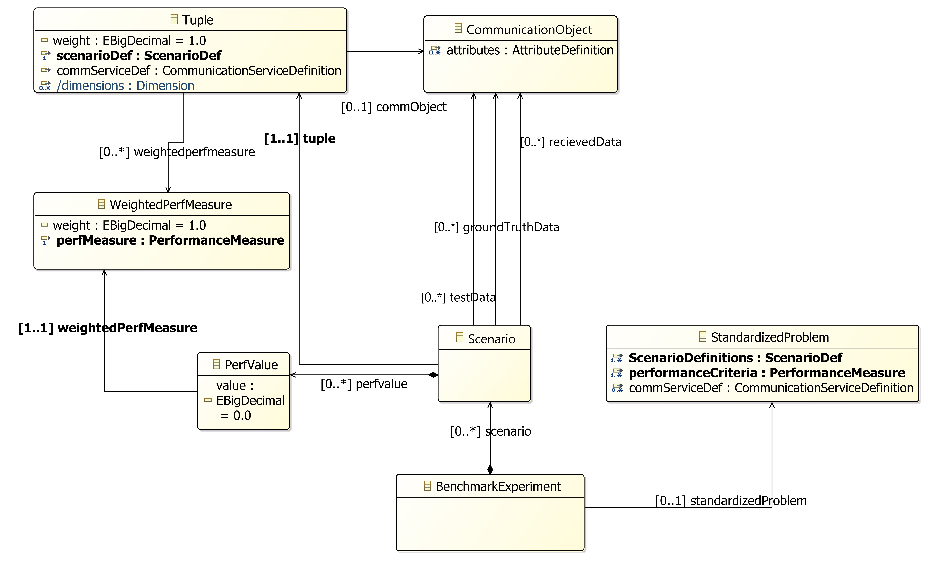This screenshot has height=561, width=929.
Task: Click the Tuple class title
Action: [197, 20]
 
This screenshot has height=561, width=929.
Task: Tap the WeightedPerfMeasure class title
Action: [170, 205]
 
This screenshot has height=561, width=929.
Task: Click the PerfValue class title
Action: [251, 365]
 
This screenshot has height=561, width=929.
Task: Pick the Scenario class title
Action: [491, 339]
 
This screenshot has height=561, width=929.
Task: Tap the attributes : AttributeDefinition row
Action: [529, 50]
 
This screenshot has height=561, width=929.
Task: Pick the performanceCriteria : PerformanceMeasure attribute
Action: [767, 373]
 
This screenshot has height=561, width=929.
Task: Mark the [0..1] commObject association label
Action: [394, 107]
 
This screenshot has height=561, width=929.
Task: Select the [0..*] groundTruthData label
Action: [497, 227]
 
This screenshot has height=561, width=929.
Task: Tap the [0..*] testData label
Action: [458, 297]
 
